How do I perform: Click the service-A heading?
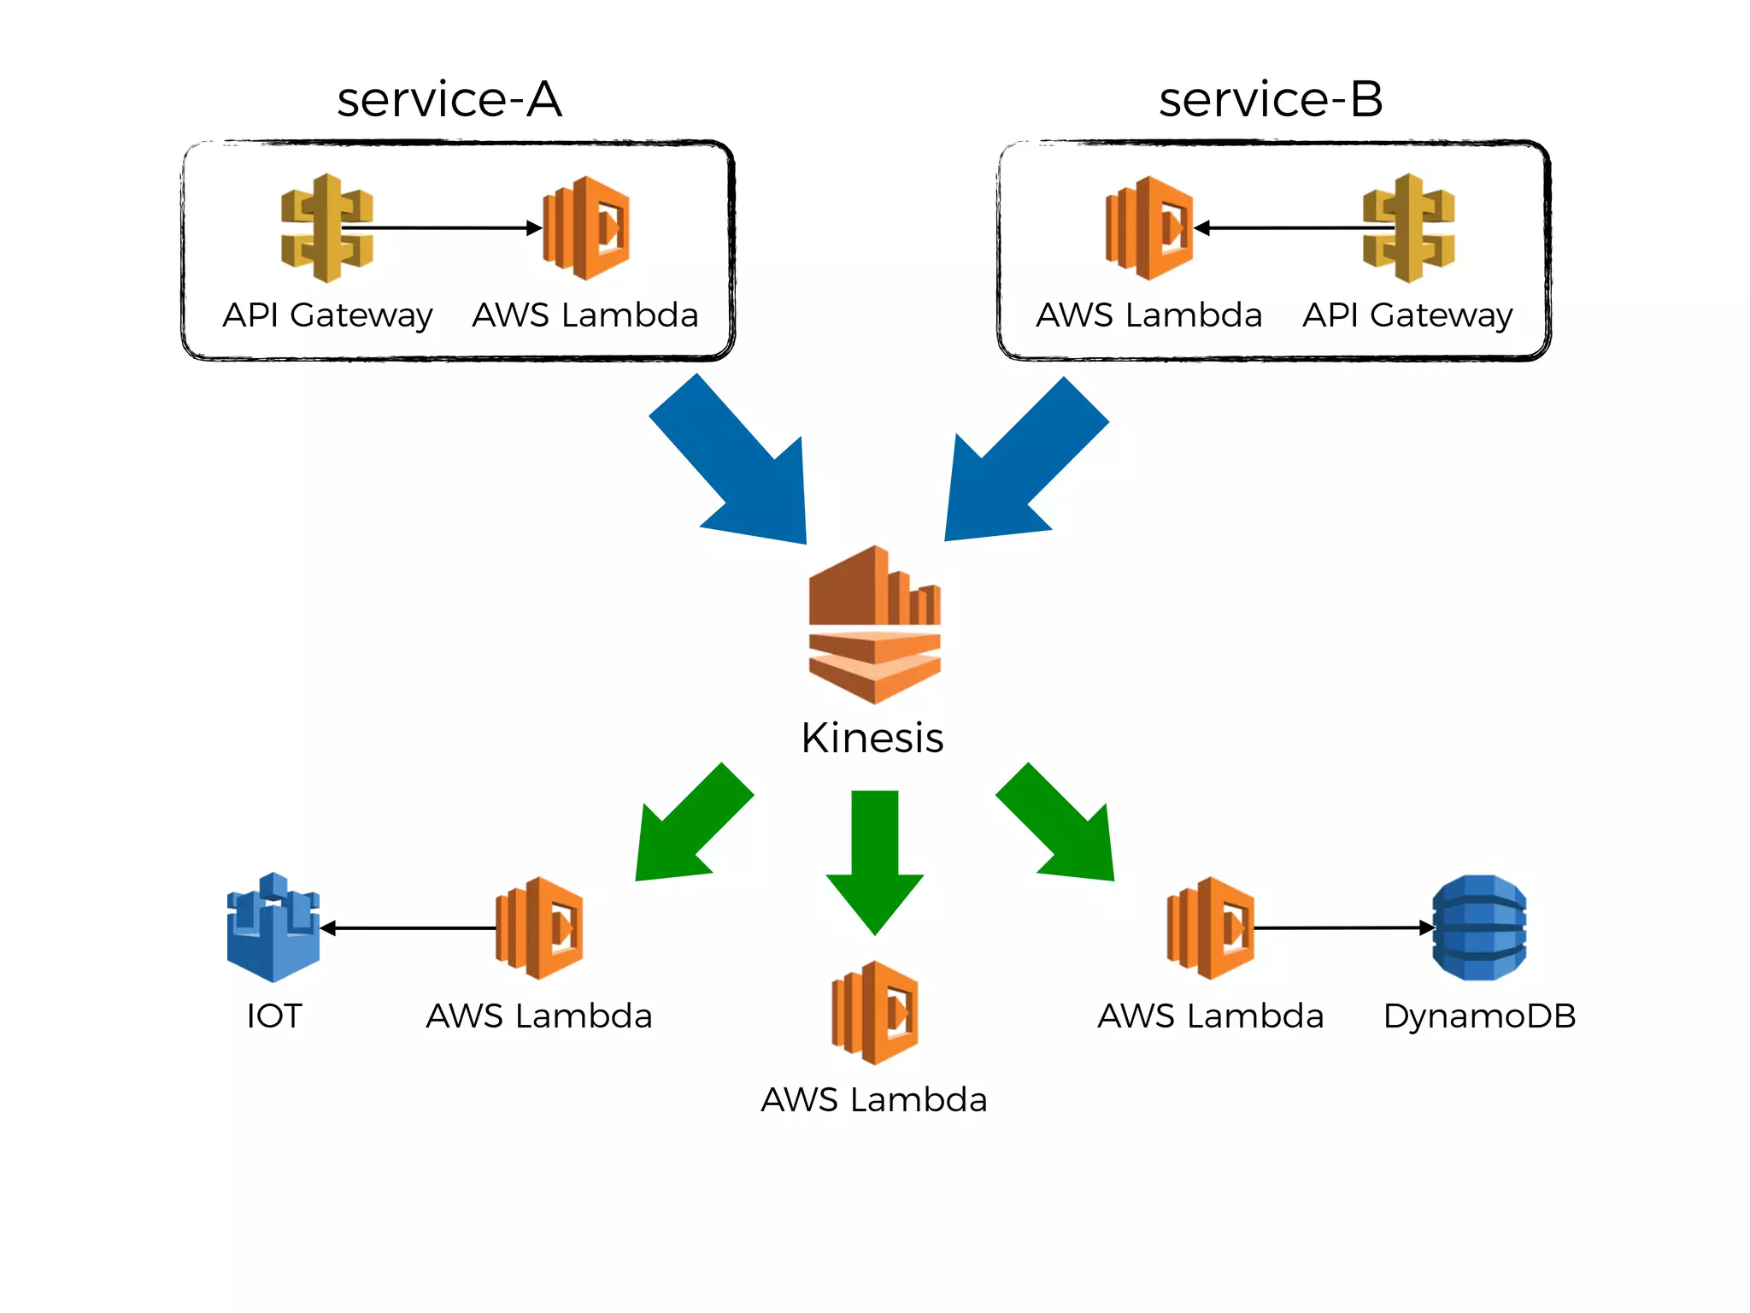[x=449, y=99]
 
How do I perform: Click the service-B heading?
[x=1271, y=99]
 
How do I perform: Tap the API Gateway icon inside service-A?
[x=326, y=228]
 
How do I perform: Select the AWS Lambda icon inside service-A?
[x=587, y=228]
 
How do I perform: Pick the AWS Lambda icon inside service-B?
[x=1149, y=228]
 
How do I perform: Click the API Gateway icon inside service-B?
[x=1409, y=228]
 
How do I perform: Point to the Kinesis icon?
[x=874, y=624]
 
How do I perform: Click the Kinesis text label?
[x=872, y=738]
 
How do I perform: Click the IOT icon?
[x=273, y=927]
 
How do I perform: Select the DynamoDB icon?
[x=1479, y=927]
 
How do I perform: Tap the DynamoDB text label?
[x=1479, y=1016]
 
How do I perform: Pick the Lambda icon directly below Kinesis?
[x=875, y=1012]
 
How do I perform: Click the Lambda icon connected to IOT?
[x=540, y=927]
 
